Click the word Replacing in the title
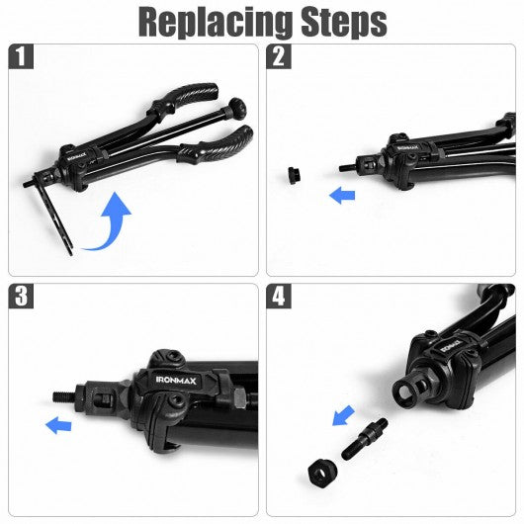coord(215,22)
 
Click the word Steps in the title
coord(344,23)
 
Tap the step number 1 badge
coord(21,56)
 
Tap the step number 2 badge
coord(279,56)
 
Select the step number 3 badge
coord(21,296)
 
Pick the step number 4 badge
coord(279,296)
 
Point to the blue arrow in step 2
coord(342,196)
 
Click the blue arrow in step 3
coord(58,426)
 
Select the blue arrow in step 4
coord(343,415)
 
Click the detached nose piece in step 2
coord(294,176)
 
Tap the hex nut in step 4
coord(322,470)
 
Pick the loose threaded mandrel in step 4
coord(365,438)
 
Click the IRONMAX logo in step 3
coord(176,381)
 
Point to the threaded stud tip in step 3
coord(64,396)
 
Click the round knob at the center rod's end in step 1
coord(236,107)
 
